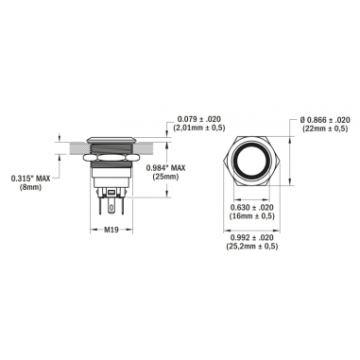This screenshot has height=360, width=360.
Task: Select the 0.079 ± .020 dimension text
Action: (201, 118)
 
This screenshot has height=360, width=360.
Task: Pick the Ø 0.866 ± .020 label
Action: (326, 119)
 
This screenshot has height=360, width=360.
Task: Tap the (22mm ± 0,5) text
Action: (326, 129)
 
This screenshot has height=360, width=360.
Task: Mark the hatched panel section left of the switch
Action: (70, 146)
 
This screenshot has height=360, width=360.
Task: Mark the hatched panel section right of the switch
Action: (151, 146)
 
